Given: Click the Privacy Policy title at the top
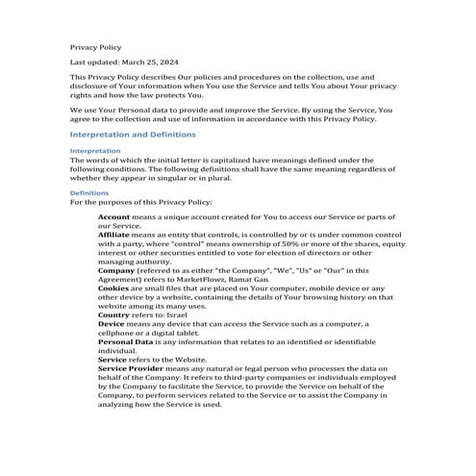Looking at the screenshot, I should (95, 46).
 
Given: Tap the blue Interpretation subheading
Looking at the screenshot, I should (95, 151).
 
